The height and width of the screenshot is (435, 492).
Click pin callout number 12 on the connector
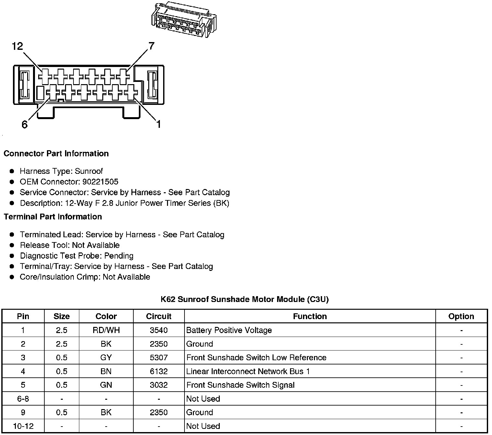17,46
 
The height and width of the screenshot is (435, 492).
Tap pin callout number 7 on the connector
151,46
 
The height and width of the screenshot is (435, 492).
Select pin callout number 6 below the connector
25,124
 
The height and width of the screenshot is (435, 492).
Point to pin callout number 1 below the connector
159,124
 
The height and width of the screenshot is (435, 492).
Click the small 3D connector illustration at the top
183,20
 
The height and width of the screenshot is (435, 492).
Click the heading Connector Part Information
56,153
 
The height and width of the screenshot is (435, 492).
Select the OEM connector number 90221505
100,182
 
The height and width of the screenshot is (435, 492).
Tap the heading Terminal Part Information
53,217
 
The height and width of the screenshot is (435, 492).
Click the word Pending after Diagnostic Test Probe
119,256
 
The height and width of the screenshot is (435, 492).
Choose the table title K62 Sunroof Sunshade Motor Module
245,299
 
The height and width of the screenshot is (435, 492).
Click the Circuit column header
159,316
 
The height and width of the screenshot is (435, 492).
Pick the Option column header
461,316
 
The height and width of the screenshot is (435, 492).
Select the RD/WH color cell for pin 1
106,330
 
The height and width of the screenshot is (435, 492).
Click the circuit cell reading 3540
159,330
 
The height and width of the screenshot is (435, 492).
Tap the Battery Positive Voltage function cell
229,330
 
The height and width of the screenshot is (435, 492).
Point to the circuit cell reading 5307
159,358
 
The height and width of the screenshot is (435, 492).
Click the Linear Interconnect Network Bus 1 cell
248,371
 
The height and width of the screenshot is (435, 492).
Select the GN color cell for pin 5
106,385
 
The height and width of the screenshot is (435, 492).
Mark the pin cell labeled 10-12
23,426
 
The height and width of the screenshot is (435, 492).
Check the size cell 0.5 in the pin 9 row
61,412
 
